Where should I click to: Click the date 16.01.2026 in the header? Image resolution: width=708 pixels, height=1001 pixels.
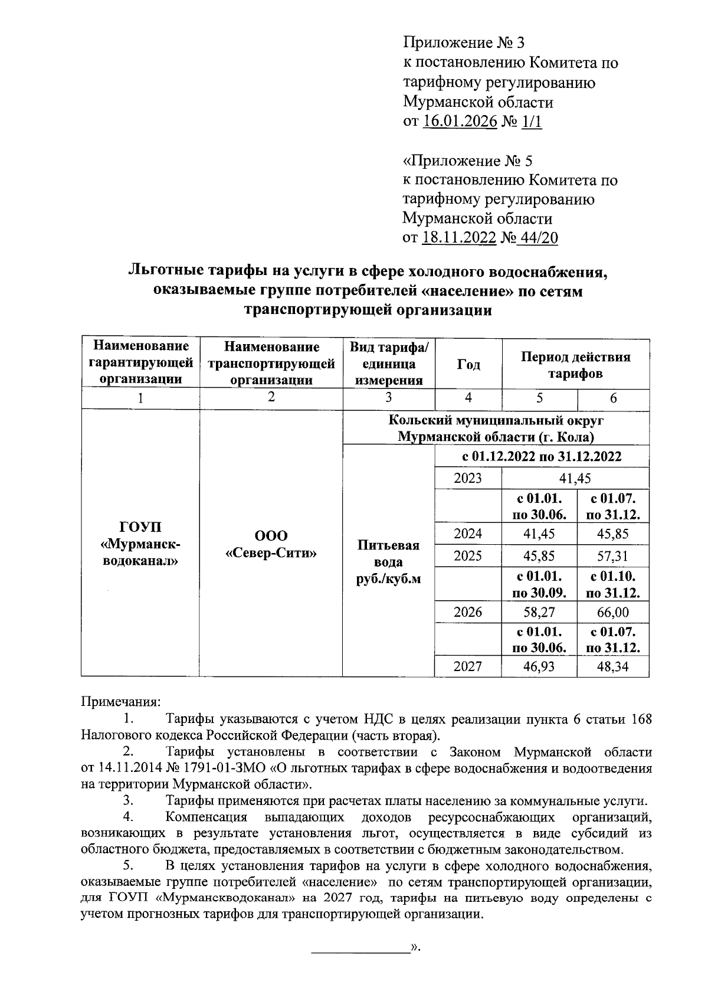[460, 122]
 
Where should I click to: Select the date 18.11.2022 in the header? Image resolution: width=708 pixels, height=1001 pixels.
[460, 238]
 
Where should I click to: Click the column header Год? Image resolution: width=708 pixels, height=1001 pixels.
[468, 365]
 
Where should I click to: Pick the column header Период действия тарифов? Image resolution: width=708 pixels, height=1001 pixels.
[575, 365]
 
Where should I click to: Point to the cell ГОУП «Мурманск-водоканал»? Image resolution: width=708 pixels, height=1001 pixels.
[140, 543]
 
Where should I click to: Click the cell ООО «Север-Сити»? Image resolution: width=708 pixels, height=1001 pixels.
[271, 544]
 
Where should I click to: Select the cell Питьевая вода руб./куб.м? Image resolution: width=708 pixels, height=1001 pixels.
[388, 562]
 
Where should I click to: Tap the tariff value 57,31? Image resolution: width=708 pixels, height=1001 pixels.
[613, 555]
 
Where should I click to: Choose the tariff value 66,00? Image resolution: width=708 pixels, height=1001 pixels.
[613, 612]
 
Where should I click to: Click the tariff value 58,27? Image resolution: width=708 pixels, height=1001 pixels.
[539, 612]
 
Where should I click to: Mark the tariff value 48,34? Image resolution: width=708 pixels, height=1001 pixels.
[613, 667]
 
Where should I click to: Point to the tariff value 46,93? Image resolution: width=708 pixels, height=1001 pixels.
[539, 667]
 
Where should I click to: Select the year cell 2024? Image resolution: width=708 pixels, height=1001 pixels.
[468, 534]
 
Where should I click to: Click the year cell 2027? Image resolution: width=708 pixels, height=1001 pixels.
[468, 666]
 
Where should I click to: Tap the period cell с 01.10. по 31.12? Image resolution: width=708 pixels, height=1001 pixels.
[613, 584]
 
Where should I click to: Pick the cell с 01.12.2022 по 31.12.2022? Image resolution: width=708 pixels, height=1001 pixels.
[542, 456]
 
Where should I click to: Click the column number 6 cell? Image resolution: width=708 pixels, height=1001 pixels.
[613, 398]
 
